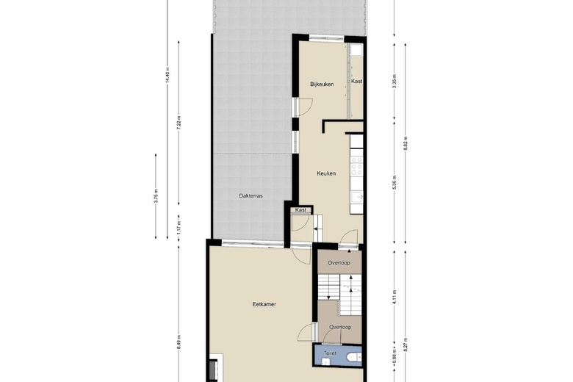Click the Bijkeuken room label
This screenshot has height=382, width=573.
pos(322,84)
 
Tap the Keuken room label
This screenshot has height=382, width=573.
pos(326,173)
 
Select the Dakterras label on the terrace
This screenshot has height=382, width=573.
pos(251,195)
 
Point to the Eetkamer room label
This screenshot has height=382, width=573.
pos(264,304)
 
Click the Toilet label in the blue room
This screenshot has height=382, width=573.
pos(330,353)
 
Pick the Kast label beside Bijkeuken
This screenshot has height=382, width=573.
pos(357,81)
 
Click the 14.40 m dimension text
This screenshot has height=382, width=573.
pos(167,76)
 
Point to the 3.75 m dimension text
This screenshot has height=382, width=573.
pos(156,196)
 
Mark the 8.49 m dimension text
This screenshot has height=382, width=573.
pos(179,342)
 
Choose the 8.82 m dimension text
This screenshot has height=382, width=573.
pos(406,144)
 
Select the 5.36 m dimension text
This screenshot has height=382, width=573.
pos(394,182)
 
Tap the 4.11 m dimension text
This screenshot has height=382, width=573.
pos(394,298)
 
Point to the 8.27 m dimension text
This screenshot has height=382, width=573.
pos(406,345)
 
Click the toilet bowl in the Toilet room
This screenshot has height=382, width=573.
pos(355,357)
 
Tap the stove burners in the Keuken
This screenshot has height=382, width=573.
pos(357,165)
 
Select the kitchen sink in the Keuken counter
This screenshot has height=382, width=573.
pos(357,198)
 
